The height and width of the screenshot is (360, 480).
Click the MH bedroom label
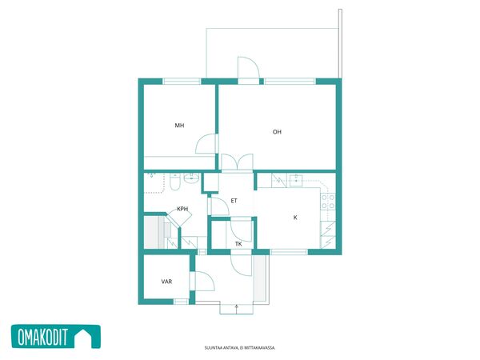(x=179, y=126)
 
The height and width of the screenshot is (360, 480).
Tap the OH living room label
(x=277, y=132)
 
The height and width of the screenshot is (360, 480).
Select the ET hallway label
(x=234, y=201)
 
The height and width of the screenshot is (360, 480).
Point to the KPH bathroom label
(x=182, y=209)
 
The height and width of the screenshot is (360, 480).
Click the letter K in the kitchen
(x=295, y=218)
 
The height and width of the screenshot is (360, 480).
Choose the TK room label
(x=238, y=244)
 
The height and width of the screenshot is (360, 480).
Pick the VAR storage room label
(x=166, y=282)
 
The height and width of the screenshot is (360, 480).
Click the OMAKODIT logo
(x=56, y=337)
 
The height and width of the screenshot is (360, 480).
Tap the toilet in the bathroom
(x=174, y=182)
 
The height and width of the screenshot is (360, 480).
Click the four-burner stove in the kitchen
(x=328, y=202)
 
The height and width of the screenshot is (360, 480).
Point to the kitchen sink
(x=296, y=181)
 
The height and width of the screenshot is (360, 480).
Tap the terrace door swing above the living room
(x=249, y=67)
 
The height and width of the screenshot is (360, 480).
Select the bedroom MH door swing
(x=207, y=143)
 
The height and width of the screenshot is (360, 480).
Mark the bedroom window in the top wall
(x=182, y=82)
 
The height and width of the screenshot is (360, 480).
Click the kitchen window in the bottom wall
(x=289, y=252)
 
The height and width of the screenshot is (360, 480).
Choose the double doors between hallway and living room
(x=238, y=162)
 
